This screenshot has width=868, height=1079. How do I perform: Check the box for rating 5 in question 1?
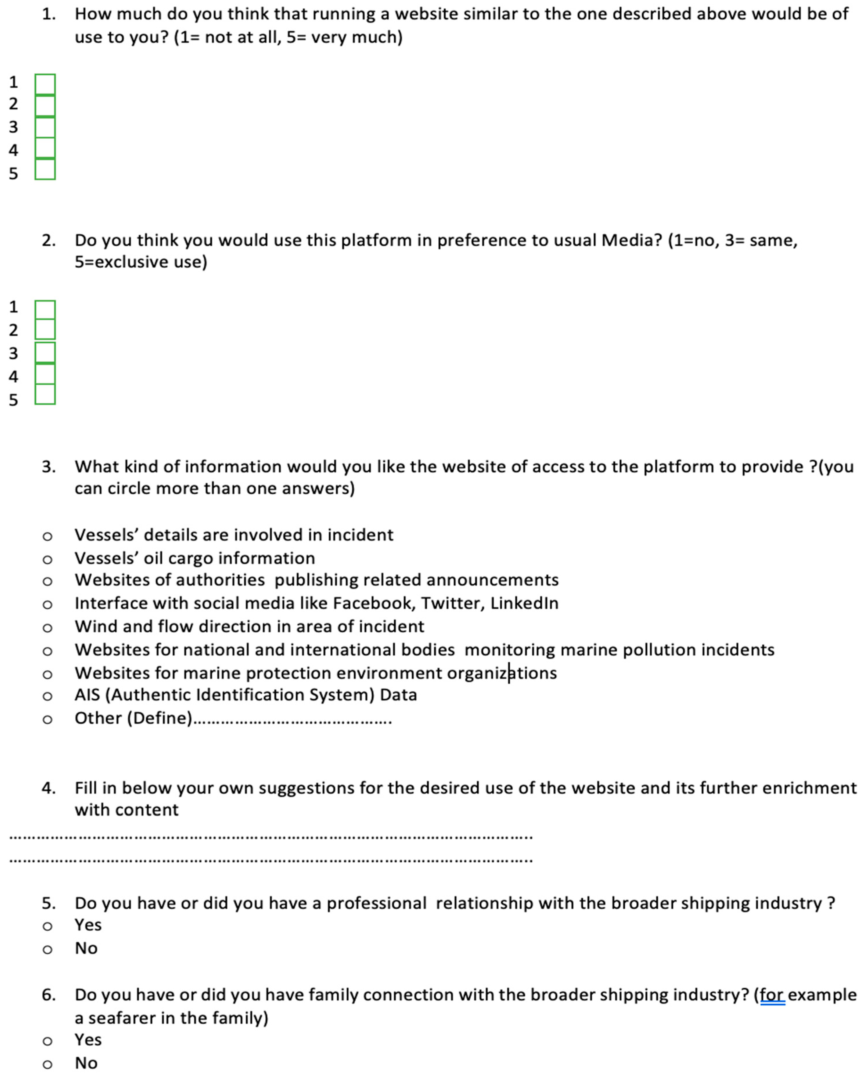point(45,169)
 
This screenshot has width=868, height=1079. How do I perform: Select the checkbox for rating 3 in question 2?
point(45,352)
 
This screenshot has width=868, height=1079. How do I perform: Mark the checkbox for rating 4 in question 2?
point(45,374)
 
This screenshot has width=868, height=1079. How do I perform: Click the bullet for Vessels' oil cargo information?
point(47,559)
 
